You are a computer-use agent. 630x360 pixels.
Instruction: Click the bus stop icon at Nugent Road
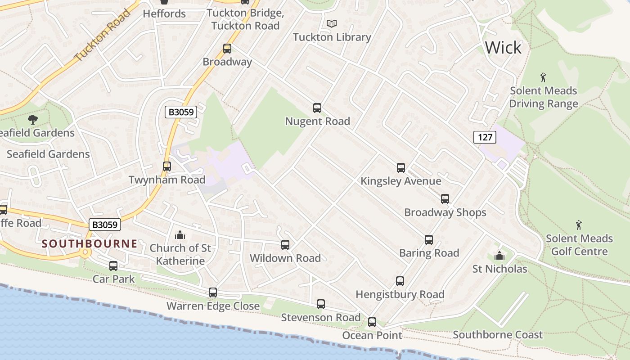pyautogui.click(x=317, y=108)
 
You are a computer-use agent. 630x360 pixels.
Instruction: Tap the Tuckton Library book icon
pyautogui.click(x=332, y=23)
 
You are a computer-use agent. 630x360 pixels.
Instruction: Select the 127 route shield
pyautogui.click(x=484, y=137)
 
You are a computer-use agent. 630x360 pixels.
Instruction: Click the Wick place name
pyautogui.click(x=503, y=47)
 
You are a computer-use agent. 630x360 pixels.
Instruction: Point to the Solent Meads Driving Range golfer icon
pyautogui.click(x=543, y=77)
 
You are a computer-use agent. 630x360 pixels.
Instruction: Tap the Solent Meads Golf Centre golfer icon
pyautogui.click(x=579, y=225)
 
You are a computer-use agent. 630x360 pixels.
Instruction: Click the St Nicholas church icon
pyautogui.click(x=499, y=256)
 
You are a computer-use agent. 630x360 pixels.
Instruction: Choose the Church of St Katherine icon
pyautogui.click(x=180, y=235)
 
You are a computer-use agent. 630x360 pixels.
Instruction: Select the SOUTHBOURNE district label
pyautogui.click(x=90, y=244)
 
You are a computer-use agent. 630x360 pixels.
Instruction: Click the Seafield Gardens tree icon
pyautogui.click(x=33, y=119)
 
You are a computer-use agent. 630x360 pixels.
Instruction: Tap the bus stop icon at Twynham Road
pyautogui.click(x=167, y=166)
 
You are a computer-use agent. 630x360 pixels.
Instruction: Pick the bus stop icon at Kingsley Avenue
pyautogui.click(x=401, y=168)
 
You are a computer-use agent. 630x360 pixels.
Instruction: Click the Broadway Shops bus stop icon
pyautogui.click(x=445, y=199)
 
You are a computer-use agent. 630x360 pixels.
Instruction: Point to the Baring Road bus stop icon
pyautogui.click(x=429, y=240)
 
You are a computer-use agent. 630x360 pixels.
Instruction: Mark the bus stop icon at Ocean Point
pyautogui.click(x=372, y=322)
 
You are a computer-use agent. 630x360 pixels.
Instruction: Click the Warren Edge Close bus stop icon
pyautogui.click(x=213, y=292)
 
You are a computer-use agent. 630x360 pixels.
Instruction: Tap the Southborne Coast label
pyautogui.click(x=498, y=335)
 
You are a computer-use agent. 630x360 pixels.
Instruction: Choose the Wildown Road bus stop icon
pyautogui.click(x=285, y=245)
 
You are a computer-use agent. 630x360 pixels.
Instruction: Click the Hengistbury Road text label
pyautogui.click(x=400, y=295)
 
